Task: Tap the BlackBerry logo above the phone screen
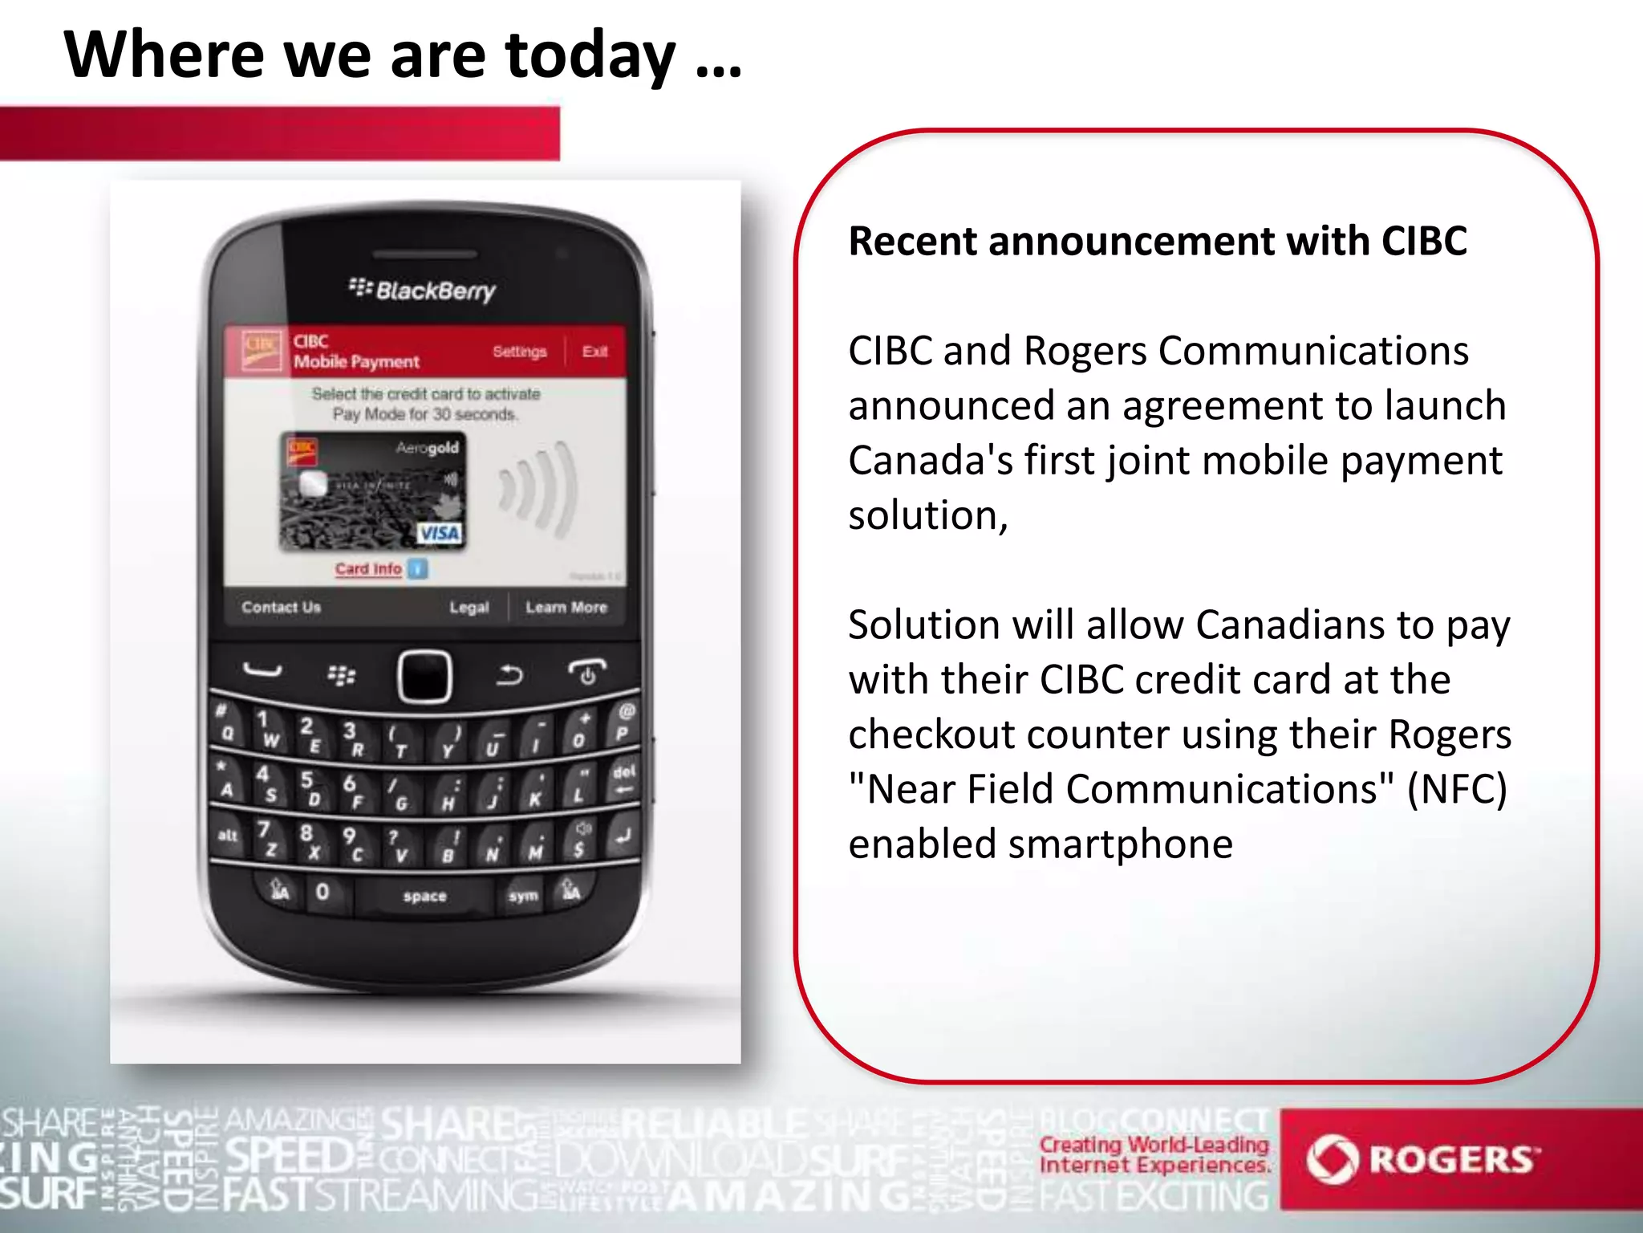pos(423,290)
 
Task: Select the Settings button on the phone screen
pos(519,352)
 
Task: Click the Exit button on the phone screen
pos(594,352)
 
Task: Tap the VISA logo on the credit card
pos(440,533)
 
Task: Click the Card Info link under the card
pos(369,568)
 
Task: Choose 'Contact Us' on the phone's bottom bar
pos(281,607)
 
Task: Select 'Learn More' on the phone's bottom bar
pos(566,607)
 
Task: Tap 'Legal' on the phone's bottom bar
pos(469,607)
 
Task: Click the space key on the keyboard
pos(424,896)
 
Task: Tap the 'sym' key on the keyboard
pos(523,895)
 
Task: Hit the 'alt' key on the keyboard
pos(228,835)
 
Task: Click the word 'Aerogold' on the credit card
pos(428,448)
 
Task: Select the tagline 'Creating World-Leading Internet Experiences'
pos(1154,1154)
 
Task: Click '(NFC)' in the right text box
pos(1457,789)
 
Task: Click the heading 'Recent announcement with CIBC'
pos(1158,241)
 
